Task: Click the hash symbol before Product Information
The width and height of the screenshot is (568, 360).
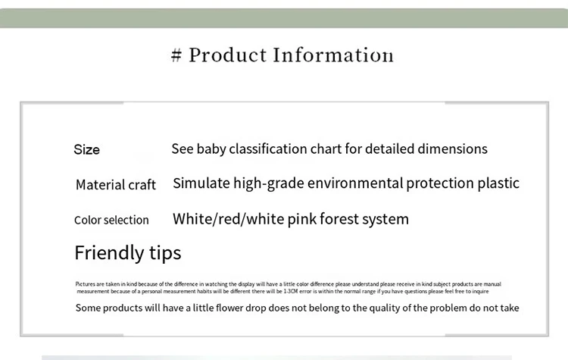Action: coord(177,55)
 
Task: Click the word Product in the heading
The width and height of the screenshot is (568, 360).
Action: coord(228,55)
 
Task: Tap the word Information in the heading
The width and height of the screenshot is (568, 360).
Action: coord(333,55)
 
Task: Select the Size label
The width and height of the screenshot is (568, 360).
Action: coord(86,150)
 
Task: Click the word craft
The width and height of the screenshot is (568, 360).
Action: coord(141,185)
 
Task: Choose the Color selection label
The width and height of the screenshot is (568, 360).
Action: coord(111,221)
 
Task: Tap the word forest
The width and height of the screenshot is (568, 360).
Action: coord(341,219)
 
